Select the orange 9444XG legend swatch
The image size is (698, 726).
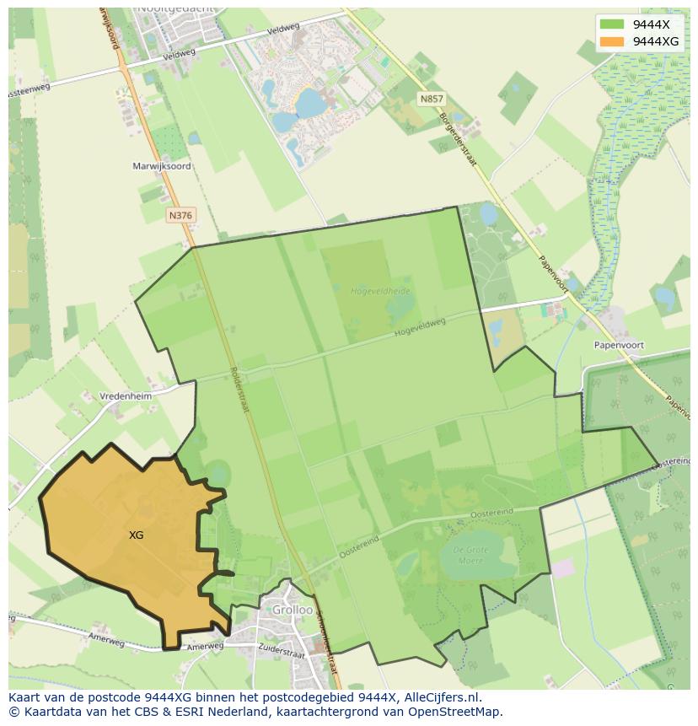[612, 41]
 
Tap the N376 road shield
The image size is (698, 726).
[180, 216]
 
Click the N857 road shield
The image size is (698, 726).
[431, 99]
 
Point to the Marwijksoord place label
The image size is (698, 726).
[162, 166]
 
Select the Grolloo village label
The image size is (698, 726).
[291, 610]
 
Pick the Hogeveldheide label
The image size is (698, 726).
[380, 291]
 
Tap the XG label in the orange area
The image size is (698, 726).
[136, 535]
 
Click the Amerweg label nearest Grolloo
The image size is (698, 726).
[205, 647]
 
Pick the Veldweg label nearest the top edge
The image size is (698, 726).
[283, 29]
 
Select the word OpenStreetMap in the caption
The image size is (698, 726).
[459, 712]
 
